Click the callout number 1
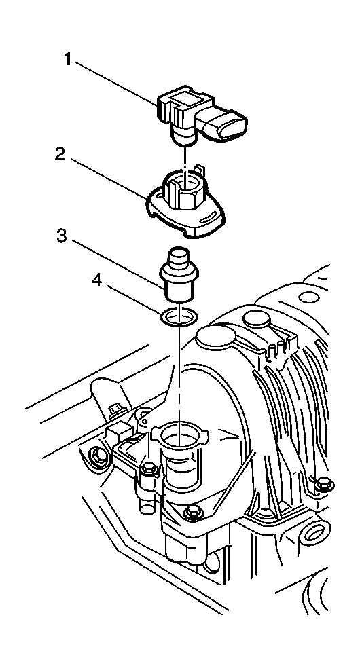pos(68,59)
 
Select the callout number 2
pos(60,153)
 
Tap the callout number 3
pos(62,236)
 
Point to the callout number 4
pos(98,281)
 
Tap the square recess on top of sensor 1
pos(183,98)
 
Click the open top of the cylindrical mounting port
pos(180,432)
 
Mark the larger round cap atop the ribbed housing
pos(216,337)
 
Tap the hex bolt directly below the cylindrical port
pos(194,512)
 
